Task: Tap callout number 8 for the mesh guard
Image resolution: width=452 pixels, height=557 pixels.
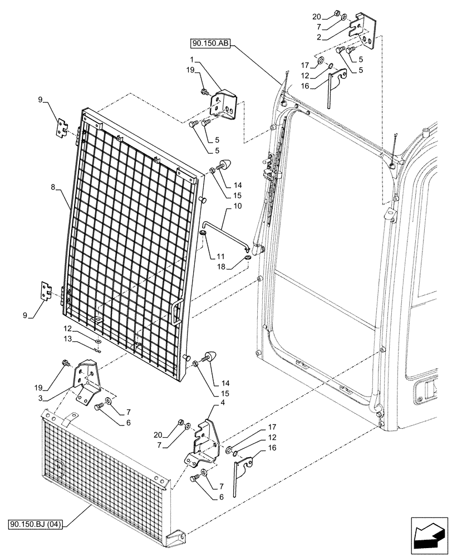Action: [x=53, y=189]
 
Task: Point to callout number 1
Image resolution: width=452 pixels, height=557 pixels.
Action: [x=191, y=59]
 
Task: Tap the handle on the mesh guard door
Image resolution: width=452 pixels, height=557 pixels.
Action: [x=177, y=311]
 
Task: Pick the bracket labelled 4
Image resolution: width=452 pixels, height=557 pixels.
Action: [x=204, y=443]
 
